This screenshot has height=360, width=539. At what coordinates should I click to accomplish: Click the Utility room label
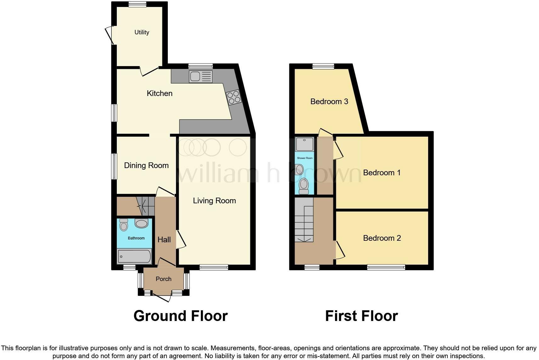142,32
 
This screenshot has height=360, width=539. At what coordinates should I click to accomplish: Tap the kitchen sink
201,76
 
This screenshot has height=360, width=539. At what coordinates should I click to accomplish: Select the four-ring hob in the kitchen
234,97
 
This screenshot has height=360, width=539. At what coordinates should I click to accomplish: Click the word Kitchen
160,93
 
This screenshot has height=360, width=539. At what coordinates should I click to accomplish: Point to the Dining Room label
146,165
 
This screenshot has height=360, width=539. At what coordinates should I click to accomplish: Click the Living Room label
214,200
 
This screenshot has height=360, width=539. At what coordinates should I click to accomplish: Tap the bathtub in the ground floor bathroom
134,256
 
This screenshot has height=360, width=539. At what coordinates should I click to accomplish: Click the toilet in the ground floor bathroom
124,225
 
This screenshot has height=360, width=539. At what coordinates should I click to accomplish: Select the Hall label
164,239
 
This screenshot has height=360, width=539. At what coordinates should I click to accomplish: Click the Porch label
163,279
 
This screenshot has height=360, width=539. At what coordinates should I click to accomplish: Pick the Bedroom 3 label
329,101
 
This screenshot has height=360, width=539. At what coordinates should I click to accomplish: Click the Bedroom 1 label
382,172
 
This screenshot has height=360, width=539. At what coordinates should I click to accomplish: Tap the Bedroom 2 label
382,238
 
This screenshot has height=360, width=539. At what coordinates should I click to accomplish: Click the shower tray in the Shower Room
304,144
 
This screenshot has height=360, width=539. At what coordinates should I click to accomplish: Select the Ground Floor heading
180,316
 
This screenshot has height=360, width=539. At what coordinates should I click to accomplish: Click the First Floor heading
361,316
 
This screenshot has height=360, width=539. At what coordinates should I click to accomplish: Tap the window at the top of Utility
138,4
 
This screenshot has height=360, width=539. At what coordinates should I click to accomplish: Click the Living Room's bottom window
214,267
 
